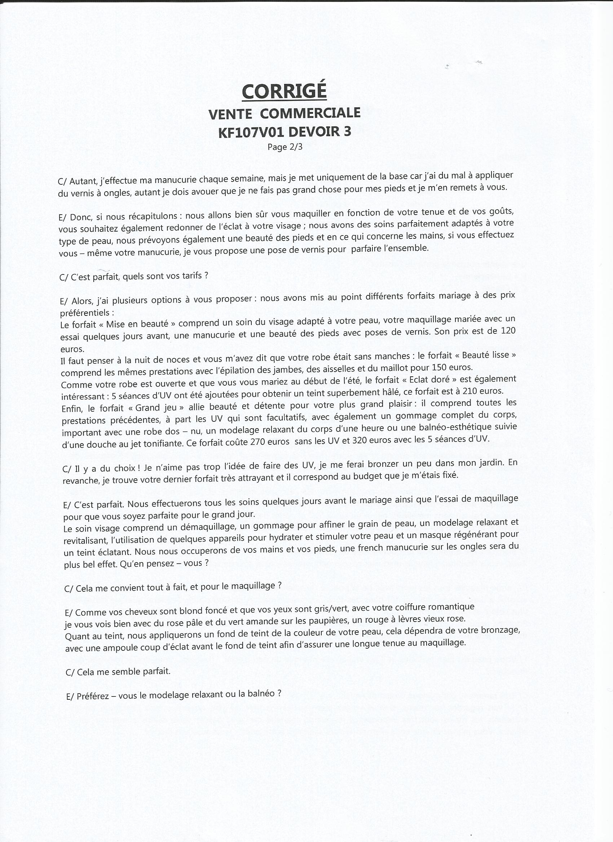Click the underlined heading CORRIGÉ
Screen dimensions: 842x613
(x=284, y=91)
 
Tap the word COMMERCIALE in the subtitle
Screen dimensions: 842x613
(x=310, y=113)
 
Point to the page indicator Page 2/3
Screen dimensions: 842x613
(x=285, y=147)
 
